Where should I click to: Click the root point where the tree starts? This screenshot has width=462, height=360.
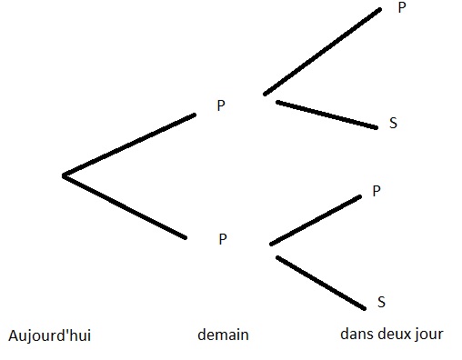click(63, 175)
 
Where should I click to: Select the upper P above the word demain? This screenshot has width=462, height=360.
click(220, 105)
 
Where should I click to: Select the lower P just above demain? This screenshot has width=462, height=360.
click(222, 239)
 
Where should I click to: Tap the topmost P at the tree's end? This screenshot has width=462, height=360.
click(402, 7)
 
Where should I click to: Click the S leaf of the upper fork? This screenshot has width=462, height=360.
click(393, 124)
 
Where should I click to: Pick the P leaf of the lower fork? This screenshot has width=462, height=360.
click(377, 191)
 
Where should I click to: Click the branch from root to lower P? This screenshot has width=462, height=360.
click(126, 206)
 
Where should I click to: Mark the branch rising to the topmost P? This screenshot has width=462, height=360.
click(322, 52)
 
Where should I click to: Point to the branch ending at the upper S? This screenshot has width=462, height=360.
click(326, 114)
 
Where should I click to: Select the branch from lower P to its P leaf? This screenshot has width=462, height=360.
click(316, 221)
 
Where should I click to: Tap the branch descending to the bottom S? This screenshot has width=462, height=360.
click(320, 283)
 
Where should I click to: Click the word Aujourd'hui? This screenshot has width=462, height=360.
click(49, 336)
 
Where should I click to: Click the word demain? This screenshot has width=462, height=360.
click(223, 335)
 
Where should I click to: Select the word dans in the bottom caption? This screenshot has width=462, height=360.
click(356, 334)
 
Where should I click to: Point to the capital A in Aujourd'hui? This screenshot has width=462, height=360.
click(12, 335)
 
